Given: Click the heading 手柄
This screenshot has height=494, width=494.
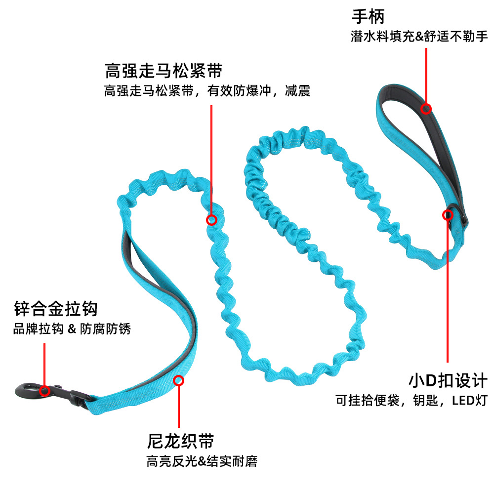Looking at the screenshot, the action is pos(368,16).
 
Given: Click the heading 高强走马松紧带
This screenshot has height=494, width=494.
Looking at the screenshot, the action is pos(164,71).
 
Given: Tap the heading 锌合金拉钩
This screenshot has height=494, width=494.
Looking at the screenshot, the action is pos(55,310).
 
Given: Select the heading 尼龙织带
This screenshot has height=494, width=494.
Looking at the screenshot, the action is pos(180,441).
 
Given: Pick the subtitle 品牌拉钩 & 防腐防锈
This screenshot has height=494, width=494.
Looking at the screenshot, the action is pos(72,329).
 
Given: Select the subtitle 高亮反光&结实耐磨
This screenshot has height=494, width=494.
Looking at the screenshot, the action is pos(202,461).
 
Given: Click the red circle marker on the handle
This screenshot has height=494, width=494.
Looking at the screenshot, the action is pos(426,108).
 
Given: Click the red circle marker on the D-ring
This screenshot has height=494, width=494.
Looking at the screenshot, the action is pos(448,215).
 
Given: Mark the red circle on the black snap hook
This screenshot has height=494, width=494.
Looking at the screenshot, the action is pos(44,391).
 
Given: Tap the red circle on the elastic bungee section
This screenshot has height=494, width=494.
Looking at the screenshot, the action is pos(211,219).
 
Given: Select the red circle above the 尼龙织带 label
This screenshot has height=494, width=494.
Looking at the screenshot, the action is pos(178,380).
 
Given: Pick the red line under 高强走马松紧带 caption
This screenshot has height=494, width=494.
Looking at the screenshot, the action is pos(211,158).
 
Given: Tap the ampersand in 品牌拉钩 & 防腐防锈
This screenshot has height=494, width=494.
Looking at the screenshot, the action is pos(72,329).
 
